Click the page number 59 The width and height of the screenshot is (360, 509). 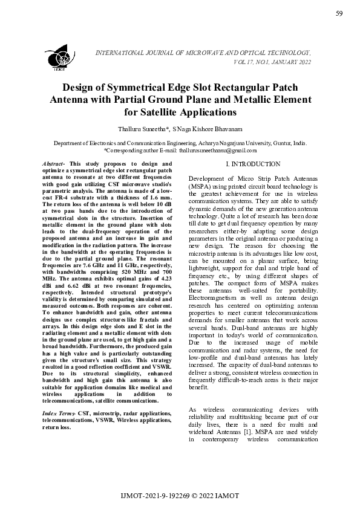point(339,14)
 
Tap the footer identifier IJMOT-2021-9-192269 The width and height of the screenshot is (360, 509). point(154,496)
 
